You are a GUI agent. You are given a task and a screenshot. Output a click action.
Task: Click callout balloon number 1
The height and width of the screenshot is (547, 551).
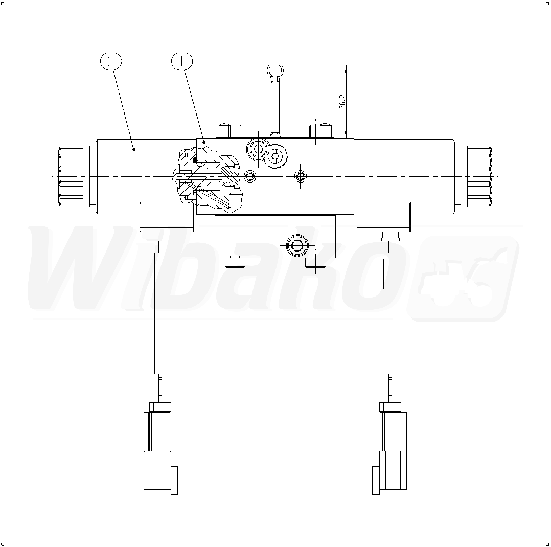pos(182,61)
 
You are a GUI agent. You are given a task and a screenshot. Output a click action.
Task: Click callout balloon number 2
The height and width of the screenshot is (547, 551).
pos(111,61)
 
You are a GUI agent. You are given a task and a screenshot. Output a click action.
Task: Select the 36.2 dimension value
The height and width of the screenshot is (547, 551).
pos(342,101)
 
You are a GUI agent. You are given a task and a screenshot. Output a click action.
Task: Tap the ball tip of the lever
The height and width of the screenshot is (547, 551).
pos(275,72)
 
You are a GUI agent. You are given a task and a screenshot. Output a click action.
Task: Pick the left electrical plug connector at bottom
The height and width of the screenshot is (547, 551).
pos(160,448)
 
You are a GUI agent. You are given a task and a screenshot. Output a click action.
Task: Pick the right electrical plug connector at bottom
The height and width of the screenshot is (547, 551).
pos(389,448)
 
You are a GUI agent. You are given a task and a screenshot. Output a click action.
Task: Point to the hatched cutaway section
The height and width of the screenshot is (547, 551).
pos(208,179)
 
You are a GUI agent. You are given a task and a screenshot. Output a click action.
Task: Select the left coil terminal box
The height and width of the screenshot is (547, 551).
pos(167,217)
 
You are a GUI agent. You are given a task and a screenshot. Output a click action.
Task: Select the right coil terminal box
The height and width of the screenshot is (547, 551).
pos(384,217)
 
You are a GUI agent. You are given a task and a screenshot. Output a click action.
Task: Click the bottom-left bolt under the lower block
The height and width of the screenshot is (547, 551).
pos(235,262)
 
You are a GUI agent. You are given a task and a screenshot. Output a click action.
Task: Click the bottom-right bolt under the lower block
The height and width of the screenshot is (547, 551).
pos(315,262)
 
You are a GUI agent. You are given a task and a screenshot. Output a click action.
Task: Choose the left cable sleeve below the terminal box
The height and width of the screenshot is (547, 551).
pos(160,313)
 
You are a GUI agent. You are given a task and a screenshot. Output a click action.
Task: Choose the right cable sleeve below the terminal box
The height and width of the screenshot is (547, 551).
pos(390,313)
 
